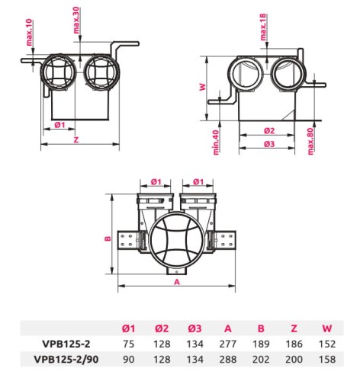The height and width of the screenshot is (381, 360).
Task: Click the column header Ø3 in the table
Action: [x=193, y=328]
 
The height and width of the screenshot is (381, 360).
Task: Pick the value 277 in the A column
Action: [x=227, y=342]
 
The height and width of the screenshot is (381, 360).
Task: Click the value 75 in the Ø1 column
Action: [x=128, y=342]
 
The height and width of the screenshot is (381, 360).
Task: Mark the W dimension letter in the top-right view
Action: [x=202, y=87]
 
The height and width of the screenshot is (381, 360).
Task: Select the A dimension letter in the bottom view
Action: [x=176, y=281]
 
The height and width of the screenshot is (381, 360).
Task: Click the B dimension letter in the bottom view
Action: [x=108, y=239]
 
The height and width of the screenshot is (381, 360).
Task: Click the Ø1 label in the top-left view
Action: [x=59, y=123]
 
